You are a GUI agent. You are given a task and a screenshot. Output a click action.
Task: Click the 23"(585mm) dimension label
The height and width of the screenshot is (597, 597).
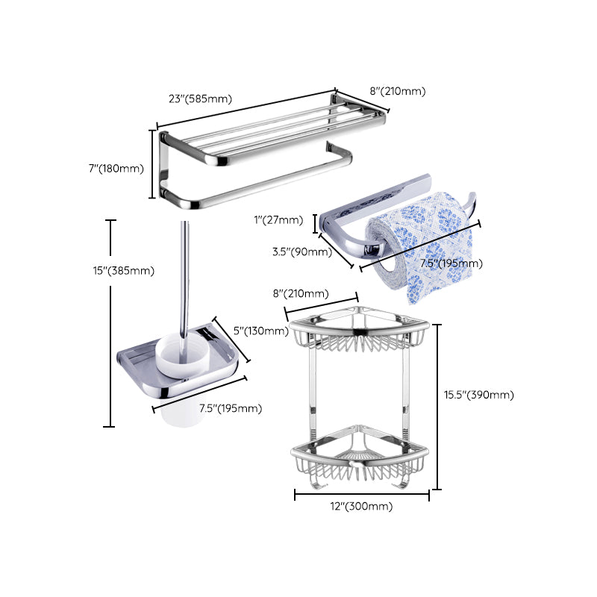pyautogui.click(x=201, y=99)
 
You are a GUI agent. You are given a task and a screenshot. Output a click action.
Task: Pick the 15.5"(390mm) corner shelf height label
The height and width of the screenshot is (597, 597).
pyautogui.click(x=478, y=395)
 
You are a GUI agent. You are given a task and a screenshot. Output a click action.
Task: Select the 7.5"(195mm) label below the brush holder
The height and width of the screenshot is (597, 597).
pyautogui.click(x=230, y=407)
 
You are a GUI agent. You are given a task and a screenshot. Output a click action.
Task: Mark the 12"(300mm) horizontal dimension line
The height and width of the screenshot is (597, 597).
pyautogui.click(x=361, y=494)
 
